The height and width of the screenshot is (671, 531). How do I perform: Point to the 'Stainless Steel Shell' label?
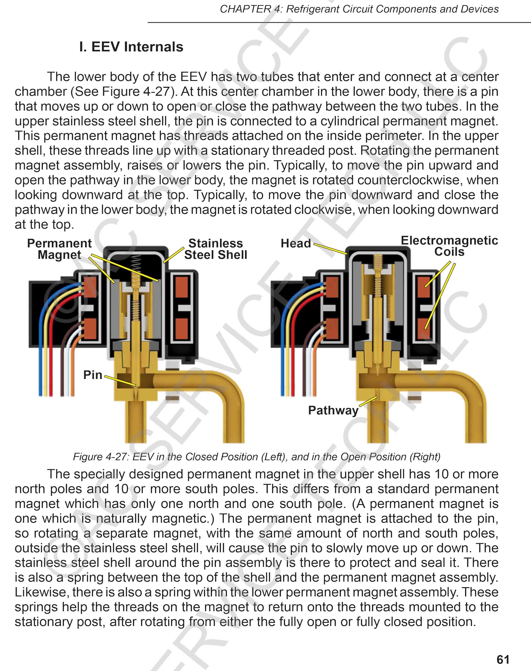215,249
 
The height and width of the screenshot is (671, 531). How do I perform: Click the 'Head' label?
296,243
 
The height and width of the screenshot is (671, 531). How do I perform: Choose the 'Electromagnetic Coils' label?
449,246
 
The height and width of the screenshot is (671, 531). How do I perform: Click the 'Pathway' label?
333,410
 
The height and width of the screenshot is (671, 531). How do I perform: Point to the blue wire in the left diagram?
41,358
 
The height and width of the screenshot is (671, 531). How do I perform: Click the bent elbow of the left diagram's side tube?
230,389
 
